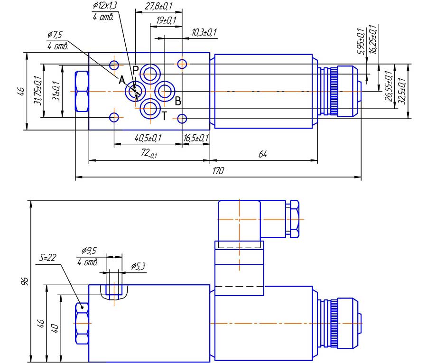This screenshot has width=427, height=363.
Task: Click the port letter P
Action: pos(135,70)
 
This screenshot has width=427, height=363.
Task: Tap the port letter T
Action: pos(164,115)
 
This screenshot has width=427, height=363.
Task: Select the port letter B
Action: pos(177,101)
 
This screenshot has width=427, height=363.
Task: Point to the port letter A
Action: pos(121,79)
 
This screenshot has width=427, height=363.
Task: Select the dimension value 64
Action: pos(264,155)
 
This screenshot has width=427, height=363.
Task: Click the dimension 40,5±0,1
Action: pos(148,138)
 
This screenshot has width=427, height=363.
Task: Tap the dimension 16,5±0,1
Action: pos(196,138)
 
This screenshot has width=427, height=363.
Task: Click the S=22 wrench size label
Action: pos(48,258)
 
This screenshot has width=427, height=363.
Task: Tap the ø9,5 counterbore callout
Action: pos(89,250)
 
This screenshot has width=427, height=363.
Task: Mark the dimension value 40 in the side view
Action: pos(55,327)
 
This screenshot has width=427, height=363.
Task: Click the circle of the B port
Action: pos(165,90)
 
